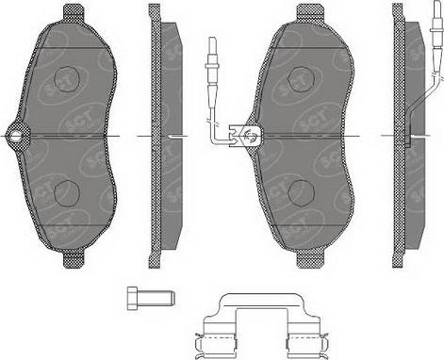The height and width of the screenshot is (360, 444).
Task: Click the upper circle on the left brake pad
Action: point(66,80)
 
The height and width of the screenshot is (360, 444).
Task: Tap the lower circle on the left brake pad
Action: point(66,193)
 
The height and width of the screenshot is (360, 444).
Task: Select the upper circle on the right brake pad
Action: point(302,80)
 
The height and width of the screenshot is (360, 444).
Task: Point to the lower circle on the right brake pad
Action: point(302,191)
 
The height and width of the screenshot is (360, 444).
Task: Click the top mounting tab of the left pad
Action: point(73,12)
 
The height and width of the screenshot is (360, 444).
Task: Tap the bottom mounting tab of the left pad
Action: point(73,257)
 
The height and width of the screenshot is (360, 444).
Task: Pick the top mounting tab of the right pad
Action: point(308,12)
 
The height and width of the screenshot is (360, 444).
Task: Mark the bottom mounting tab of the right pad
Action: point(307,257)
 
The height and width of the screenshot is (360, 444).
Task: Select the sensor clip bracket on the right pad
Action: point(250,138)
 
